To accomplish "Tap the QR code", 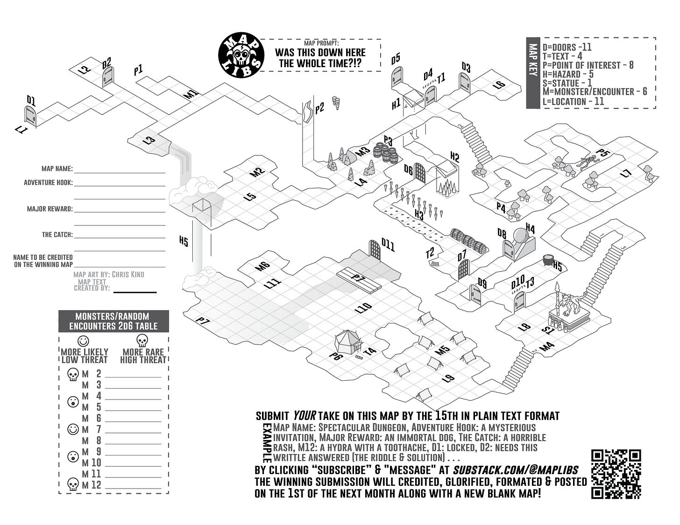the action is (616, 474).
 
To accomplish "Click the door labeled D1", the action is (30, 116).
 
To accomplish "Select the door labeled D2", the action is (108, 77).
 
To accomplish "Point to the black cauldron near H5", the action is (547, 260).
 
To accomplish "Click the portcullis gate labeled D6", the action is (420, 173).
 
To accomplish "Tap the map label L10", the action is (363, 308).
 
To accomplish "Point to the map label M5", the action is (441, 350).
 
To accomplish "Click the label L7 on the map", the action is (626, 174).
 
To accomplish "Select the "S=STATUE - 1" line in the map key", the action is (567, 83).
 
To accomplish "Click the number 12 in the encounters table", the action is (96, 485).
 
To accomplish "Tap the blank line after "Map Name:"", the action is (120, 169).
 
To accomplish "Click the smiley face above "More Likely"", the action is (83, 340).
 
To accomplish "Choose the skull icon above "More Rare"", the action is (142, 340).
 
